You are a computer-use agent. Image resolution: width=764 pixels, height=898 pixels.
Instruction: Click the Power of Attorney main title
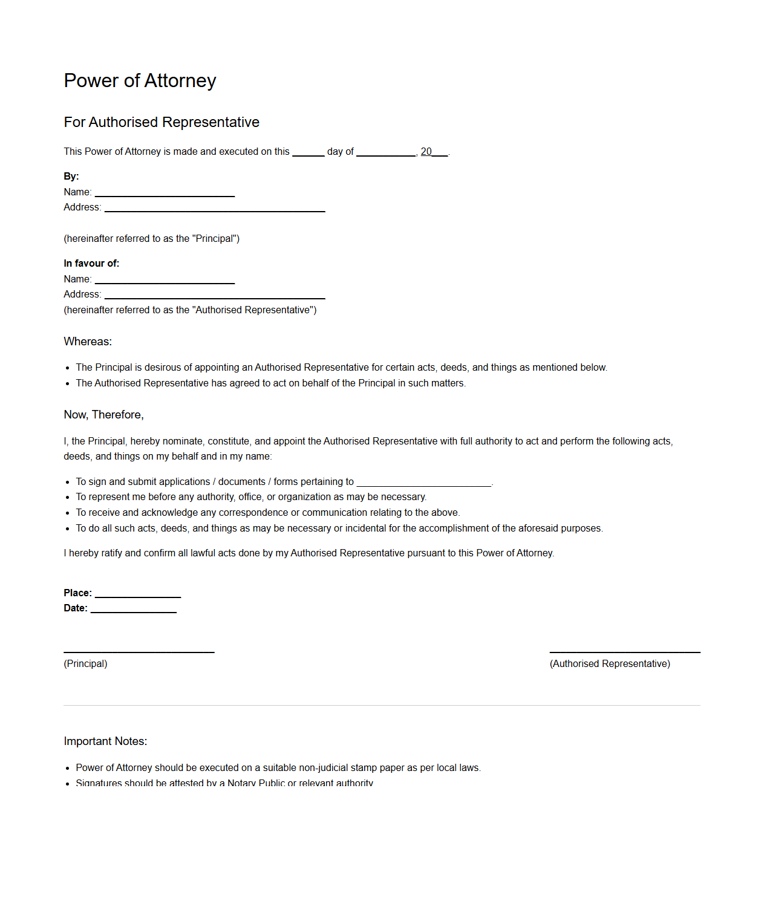(140, 80)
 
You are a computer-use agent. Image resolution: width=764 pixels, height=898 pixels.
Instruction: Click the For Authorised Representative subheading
(162, 122)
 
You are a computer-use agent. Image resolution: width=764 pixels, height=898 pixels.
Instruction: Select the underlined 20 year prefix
(426, 152)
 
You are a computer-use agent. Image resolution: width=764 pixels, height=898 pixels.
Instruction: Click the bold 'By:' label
(71, 177)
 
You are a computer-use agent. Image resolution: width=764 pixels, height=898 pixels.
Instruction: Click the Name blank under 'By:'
(165, 194)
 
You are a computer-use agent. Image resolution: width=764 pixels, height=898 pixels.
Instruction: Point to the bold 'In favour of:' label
(91, 264)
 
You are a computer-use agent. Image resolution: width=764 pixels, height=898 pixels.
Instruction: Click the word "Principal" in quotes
(215, 239)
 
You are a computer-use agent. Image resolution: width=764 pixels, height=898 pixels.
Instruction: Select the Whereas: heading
(88, 342)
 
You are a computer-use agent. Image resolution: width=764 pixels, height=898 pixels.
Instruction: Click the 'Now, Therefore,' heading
(103, 415)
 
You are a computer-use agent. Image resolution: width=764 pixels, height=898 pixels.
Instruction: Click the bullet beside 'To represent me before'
(68, 498)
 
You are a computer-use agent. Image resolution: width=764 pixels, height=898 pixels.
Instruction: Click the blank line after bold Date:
(134, 611)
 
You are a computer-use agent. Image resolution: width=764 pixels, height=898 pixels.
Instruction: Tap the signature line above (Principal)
(139, 651)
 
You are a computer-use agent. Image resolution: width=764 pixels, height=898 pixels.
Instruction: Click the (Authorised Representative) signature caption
(610, 664)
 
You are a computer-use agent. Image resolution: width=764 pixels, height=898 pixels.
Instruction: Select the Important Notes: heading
(105, 741)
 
